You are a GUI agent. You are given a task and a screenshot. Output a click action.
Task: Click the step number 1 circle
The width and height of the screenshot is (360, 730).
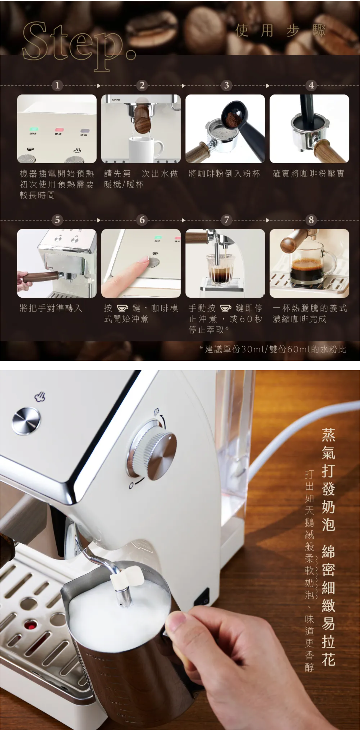[57, 85]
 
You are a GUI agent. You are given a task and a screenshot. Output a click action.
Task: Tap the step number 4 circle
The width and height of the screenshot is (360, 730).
[311, 85]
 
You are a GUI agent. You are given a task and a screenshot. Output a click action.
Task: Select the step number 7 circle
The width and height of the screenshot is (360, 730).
[226, 220]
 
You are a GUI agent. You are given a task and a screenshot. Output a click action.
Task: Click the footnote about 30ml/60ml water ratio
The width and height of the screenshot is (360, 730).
[273, 349]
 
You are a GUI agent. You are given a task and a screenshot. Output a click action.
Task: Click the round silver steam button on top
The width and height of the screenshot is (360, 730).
[26, 421]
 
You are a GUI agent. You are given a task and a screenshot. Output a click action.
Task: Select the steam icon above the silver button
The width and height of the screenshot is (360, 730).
[40, 397]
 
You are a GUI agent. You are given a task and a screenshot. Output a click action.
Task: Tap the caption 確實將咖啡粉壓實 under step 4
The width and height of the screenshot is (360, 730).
[308, 174]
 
